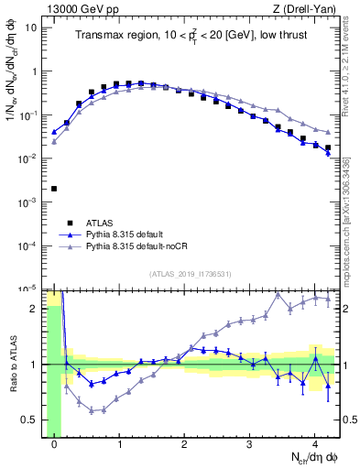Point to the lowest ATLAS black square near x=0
click(x=54, y=189)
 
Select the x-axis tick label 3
click(x=249, y=445)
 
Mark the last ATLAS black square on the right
click(x=327, y=147)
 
